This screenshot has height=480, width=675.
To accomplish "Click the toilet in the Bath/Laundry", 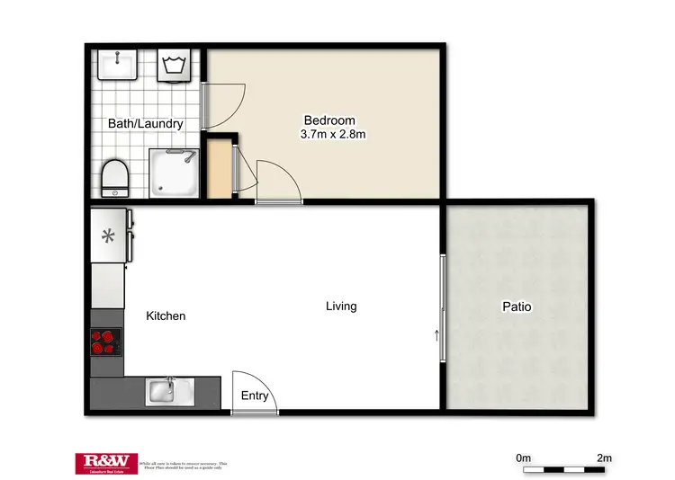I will tap(114, 178).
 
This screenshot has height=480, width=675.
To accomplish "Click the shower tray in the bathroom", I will tap(171, 173).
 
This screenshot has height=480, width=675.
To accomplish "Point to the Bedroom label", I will tap(329, 120).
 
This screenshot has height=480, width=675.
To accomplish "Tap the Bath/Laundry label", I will tap(146, 123).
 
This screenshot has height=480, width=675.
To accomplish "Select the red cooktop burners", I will tap(105, 342).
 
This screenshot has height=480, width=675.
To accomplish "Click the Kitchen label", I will tap(166, 316).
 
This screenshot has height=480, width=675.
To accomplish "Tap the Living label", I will tap(341, 306).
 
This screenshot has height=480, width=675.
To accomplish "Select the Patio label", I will tap(517, 307).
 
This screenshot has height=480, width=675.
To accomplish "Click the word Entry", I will tap(255, 396).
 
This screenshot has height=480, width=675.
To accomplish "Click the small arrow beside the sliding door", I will tap(437, 337).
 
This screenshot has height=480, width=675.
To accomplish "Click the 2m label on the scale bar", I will tap(603, 458).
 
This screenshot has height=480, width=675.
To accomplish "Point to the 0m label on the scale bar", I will tap(525, 458).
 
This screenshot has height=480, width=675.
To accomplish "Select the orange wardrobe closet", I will tap(218, 169).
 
